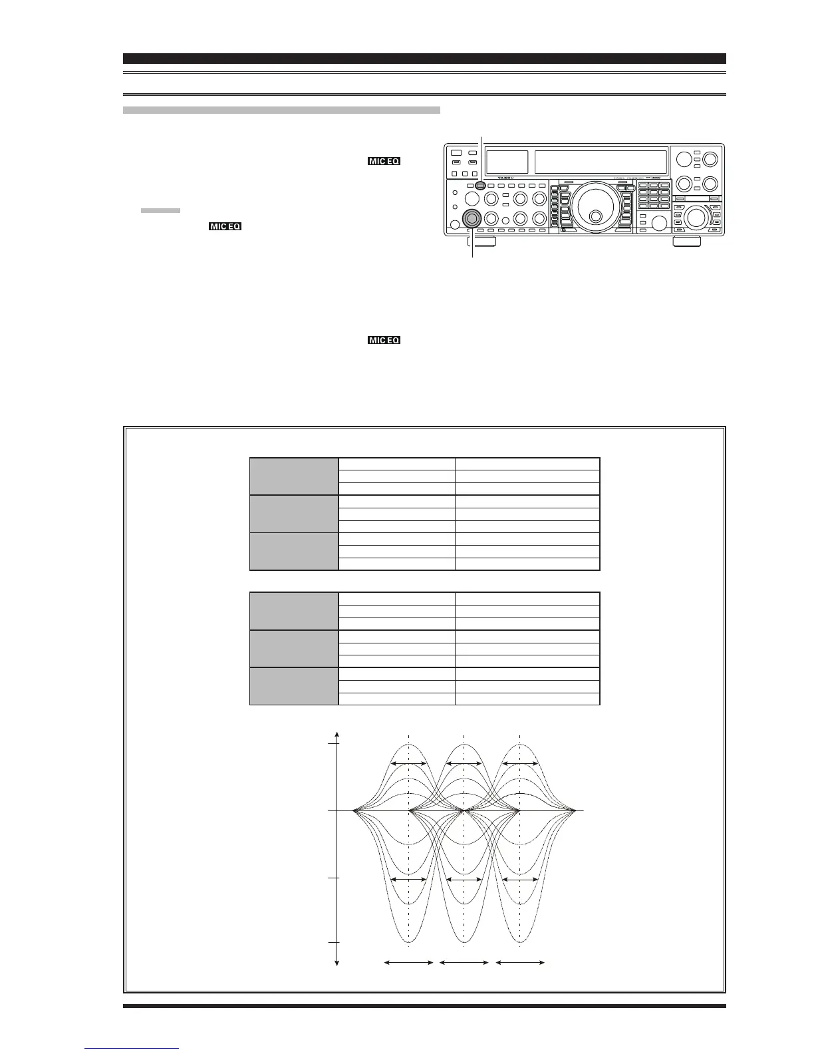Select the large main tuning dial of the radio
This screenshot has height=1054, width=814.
[588, 206]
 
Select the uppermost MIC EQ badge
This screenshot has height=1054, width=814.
[384, 162]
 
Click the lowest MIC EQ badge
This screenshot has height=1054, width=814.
[384, 340]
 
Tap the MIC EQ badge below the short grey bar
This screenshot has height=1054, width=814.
[225, 226]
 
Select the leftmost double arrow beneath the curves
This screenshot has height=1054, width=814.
[409, 962]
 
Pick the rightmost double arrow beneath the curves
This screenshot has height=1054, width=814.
[520, 962]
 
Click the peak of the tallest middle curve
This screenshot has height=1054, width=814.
[464, 745]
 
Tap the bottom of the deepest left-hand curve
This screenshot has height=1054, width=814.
[409, 942]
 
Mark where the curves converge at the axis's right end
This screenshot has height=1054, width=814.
[575, 811]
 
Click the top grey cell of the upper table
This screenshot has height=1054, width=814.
[294, 476]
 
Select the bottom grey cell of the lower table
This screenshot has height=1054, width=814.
[294, 685]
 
